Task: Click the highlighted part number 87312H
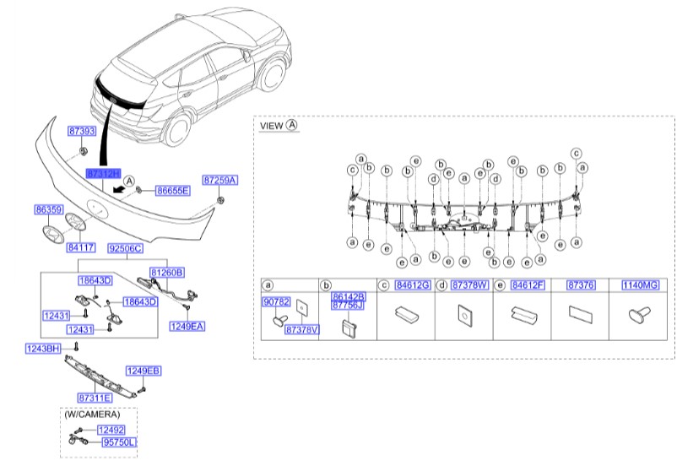pos(104,171)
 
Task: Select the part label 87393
pos(81,132)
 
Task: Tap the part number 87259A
pos(220,180)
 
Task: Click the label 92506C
pos(125,250)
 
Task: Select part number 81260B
pos(167,272)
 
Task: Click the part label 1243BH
pos(41,347)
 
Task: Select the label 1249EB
pos(143,371)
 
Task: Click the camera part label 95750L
pos(119,442)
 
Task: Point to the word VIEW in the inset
pos(271,125)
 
